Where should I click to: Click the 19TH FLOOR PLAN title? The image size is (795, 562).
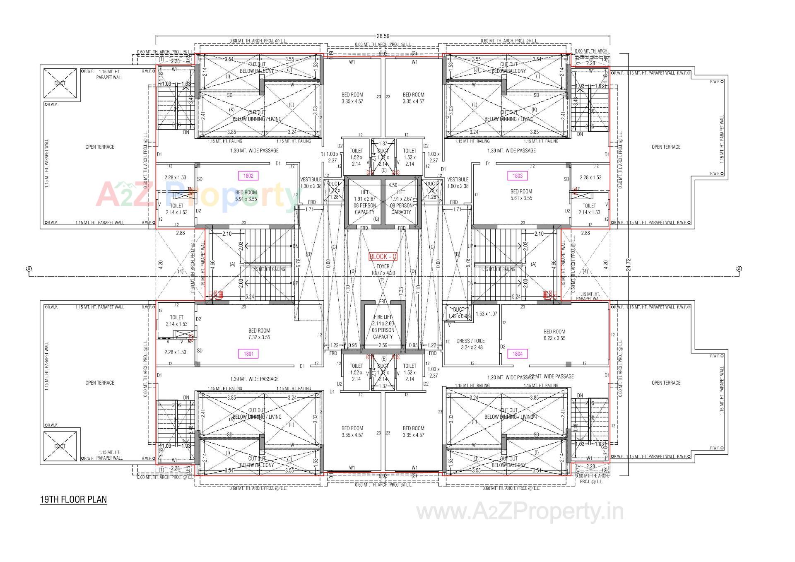(x=73, y=499)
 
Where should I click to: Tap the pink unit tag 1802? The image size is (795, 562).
(x=248, y=176)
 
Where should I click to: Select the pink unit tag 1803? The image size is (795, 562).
(x=517, y=176)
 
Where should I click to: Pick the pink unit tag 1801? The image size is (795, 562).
(x=248, y=354)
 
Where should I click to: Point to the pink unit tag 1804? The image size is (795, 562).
(x=517, y=354)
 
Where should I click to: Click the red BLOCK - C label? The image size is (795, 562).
(x=383, y=257)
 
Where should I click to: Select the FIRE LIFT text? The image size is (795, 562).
(x=383, y=317)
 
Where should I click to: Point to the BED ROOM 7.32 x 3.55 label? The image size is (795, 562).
(x=259, y=334)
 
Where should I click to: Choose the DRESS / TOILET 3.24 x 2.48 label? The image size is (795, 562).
(x=472, y=344)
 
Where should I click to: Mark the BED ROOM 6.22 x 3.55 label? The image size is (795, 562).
(x=554, y=335)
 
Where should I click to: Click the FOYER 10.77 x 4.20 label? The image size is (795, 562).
(x=383, y=270)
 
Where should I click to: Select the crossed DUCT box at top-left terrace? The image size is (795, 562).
(x=60, y=83)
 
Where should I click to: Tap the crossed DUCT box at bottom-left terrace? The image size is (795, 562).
(x=60, y=446)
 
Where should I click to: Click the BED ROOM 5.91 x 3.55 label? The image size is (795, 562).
(x=246, y=195)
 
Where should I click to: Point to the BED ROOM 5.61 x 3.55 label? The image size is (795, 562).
(x=521, y=195)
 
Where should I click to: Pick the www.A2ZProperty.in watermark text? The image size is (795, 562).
(x=520, y=512)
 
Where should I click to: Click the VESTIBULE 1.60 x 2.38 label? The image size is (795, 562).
(x=458, y=183)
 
